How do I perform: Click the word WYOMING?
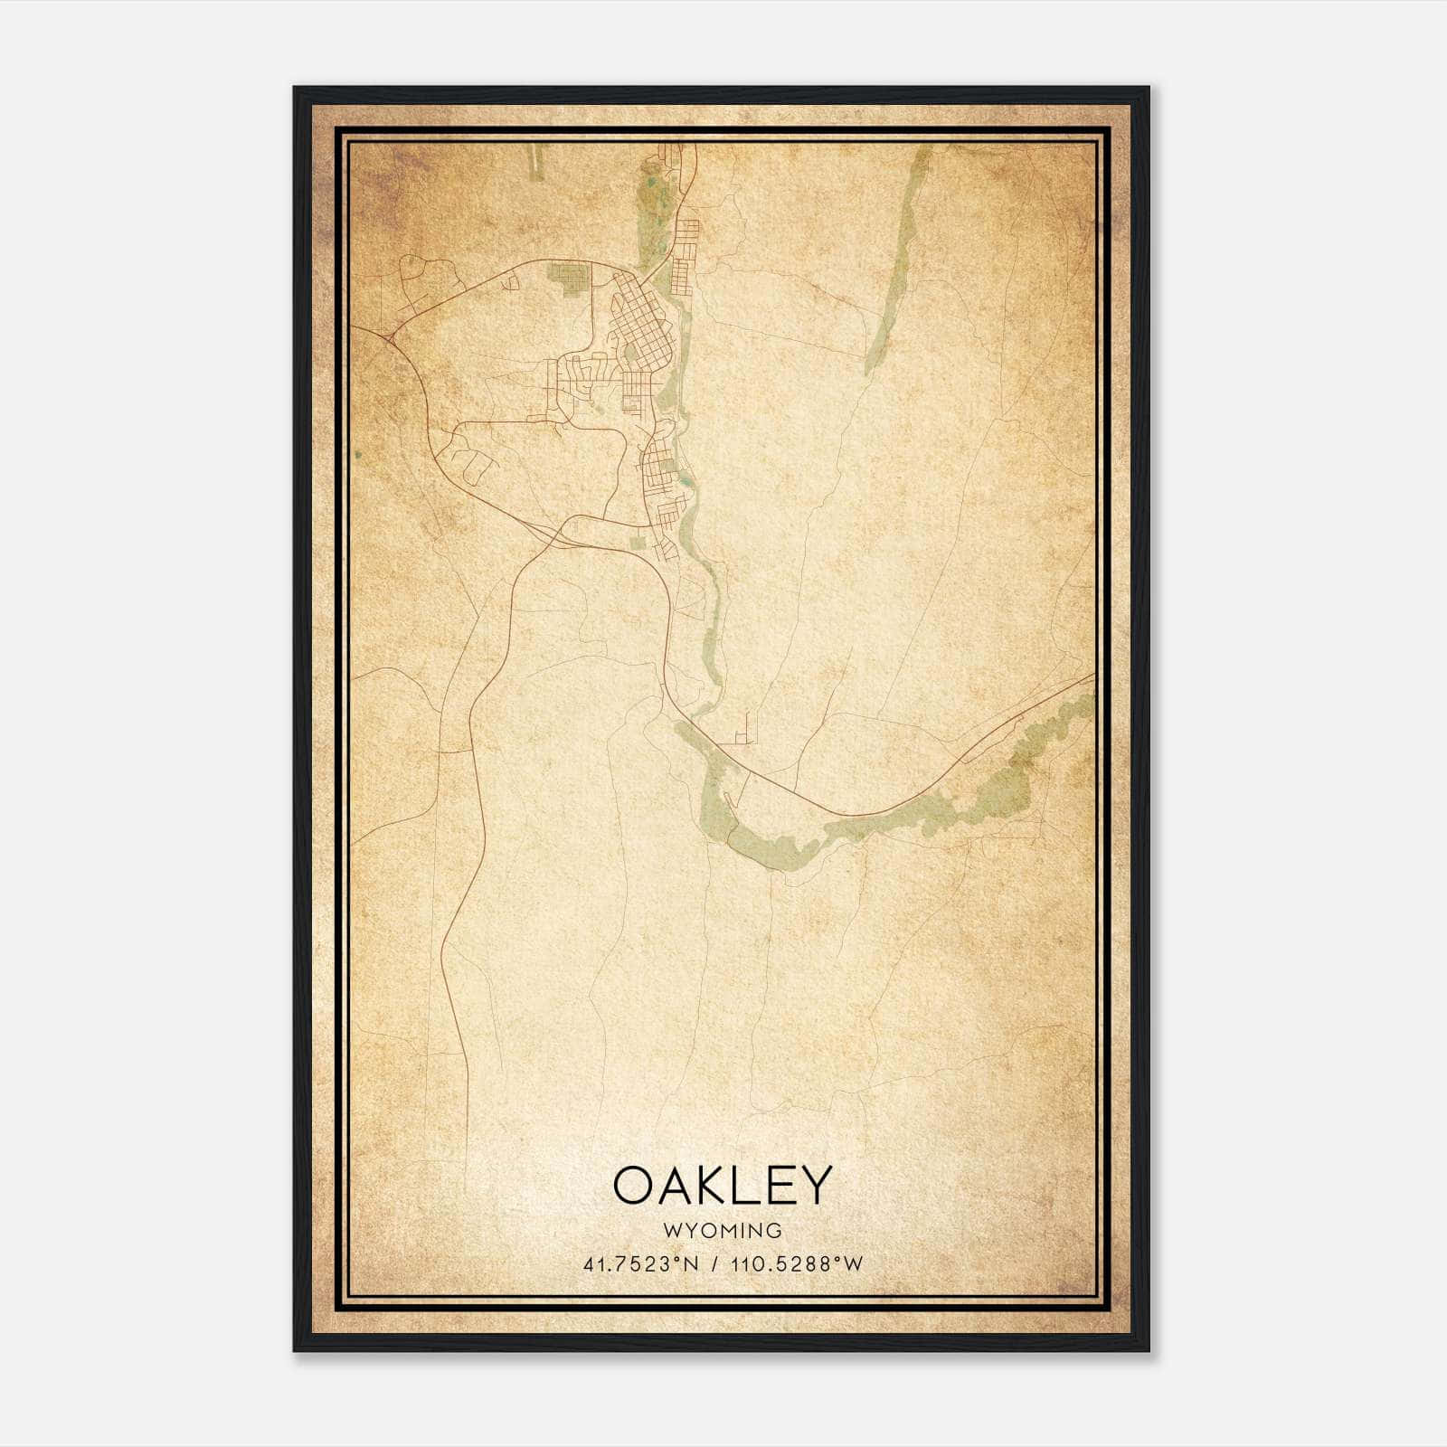723,1231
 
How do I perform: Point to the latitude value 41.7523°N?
641,1264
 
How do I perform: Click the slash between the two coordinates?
715,1264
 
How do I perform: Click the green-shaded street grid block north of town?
570,276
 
